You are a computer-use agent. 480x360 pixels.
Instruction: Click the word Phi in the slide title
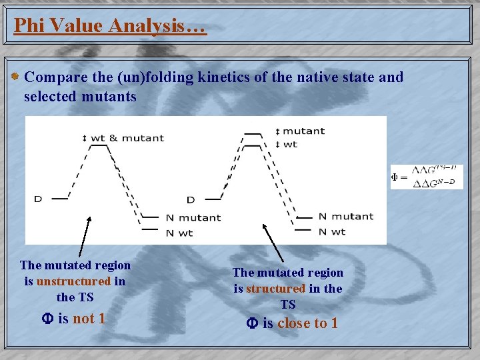click(x=29, y=26)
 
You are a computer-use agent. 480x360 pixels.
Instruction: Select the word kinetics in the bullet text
click(x=223, y=77)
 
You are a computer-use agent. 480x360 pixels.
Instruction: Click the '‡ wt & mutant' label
click(x=123, y=138)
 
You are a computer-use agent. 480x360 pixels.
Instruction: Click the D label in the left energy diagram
click(x=38, y=199)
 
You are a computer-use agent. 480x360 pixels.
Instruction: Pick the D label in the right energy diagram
click(x=191, y=199)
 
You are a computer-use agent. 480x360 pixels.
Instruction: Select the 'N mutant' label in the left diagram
click(x=193, y=217)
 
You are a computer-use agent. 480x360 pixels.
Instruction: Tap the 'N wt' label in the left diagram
click(x=179, y=233)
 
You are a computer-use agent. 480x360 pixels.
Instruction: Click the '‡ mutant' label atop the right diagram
click(x=300, y=131)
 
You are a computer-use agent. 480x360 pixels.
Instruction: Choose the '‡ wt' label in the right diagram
click(x=287, y=144)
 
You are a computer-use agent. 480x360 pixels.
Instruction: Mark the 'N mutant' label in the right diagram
click(x=345, y=216)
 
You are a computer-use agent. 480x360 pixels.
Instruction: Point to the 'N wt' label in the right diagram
click(x=332, y=231)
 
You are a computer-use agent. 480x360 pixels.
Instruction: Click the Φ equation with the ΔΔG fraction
click(x=427, y=177)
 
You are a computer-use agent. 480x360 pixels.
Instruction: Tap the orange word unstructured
click(x=73, y=281)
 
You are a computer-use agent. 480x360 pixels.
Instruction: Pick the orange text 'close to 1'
click(x=307, y=323)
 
